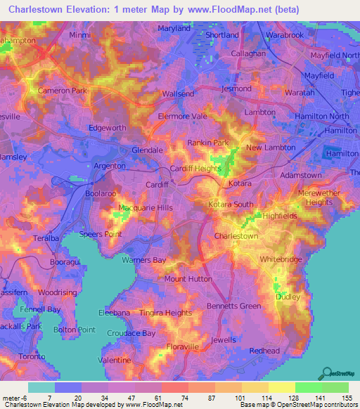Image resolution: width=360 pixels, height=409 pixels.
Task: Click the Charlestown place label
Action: pyautogui.click(x=236, y=237)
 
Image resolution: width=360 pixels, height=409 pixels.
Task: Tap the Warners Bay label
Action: pyautogui.click(x=144, y=260)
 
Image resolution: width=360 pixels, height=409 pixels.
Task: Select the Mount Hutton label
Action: pyautogui.click(x=188, y=279)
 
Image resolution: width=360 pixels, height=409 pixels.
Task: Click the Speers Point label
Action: pyautogui.click(x=101, y=234)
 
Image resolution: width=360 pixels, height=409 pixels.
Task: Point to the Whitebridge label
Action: pyautogui.click(x=281, y=259)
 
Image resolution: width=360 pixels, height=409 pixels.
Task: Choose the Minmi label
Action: pyautogui.click(x=81, y=34)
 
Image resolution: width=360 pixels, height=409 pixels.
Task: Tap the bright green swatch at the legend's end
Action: pyautogui.click(x=335, y=387)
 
